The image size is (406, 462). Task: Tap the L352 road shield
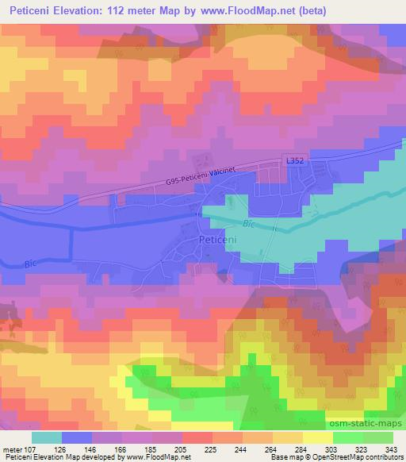[294, 161]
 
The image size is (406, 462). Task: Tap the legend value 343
[392, 451]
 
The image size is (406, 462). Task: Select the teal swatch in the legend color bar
[46, 437]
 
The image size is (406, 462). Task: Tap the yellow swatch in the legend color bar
[318, 437]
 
